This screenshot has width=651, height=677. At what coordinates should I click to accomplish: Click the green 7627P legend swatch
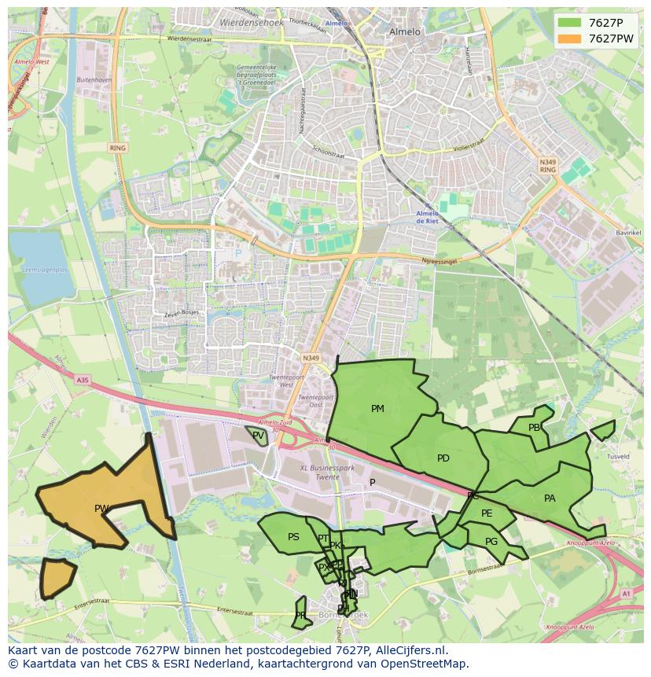[570, 23]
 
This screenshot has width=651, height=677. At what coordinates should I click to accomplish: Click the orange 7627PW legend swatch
[570, 39]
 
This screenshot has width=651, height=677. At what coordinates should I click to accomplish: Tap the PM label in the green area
[377, 409]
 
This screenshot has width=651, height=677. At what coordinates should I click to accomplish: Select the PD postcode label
[443, 458]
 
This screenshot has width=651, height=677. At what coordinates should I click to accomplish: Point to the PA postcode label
[550, 499]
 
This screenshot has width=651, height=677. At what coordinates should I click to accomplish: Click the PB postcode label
[535, 428]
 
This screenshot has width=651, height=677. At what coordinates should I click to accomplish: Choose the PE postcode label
[487, 513]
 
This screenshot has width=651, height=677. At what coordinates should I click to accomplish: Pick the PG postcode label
[491, 542]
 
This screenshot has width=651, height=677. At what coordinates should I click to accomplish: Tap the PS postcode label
[293, 537]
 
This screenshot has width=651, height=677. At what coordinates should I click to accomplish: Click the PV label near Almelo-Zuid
[258, 435]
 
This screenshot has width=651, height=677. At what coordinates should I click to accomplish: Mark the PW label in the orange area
[101, 509]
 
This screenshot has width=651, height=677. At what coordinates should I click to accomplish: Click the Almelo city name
[405, 32]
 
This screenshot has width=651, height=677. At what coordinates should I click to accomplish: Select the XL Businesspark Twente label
[328, 473]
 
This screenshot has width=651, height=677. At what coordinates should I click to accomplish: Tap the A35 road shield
[83, 380]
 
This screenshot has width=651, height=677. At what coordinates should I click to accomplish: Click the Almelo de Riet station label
[427, 217]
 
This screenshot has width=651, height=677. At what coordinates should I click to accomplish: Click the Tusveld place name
[618, 457]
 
